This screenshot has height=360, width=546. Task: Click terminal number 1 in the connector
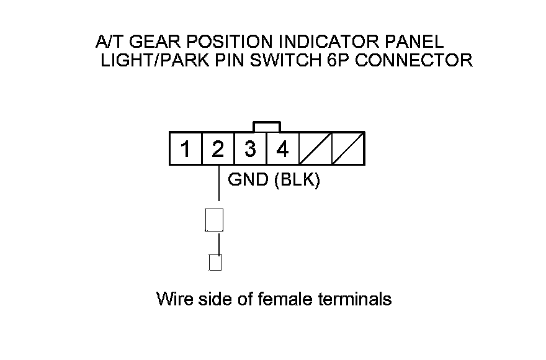tap(186, 149)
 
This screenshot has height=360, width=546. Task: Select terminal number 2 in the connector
tap(218, 149)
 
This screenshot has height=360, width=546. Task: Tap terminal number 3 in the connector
tap(250, 149)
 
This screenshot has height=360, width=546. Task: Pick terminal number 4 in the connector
tap(282, 149)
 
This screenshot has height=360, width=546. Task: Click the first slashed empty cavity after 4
tap(315, 149)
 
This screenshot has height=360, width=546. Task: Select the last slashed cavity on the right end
tap(347, 149)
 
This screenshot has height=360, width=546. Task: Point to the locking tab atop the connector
tap(267, 127)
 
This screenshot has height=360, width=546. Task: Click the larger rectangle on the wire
tap(214, 220)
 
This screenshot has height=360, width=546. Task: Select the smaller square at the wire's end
tap(215, 263)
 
